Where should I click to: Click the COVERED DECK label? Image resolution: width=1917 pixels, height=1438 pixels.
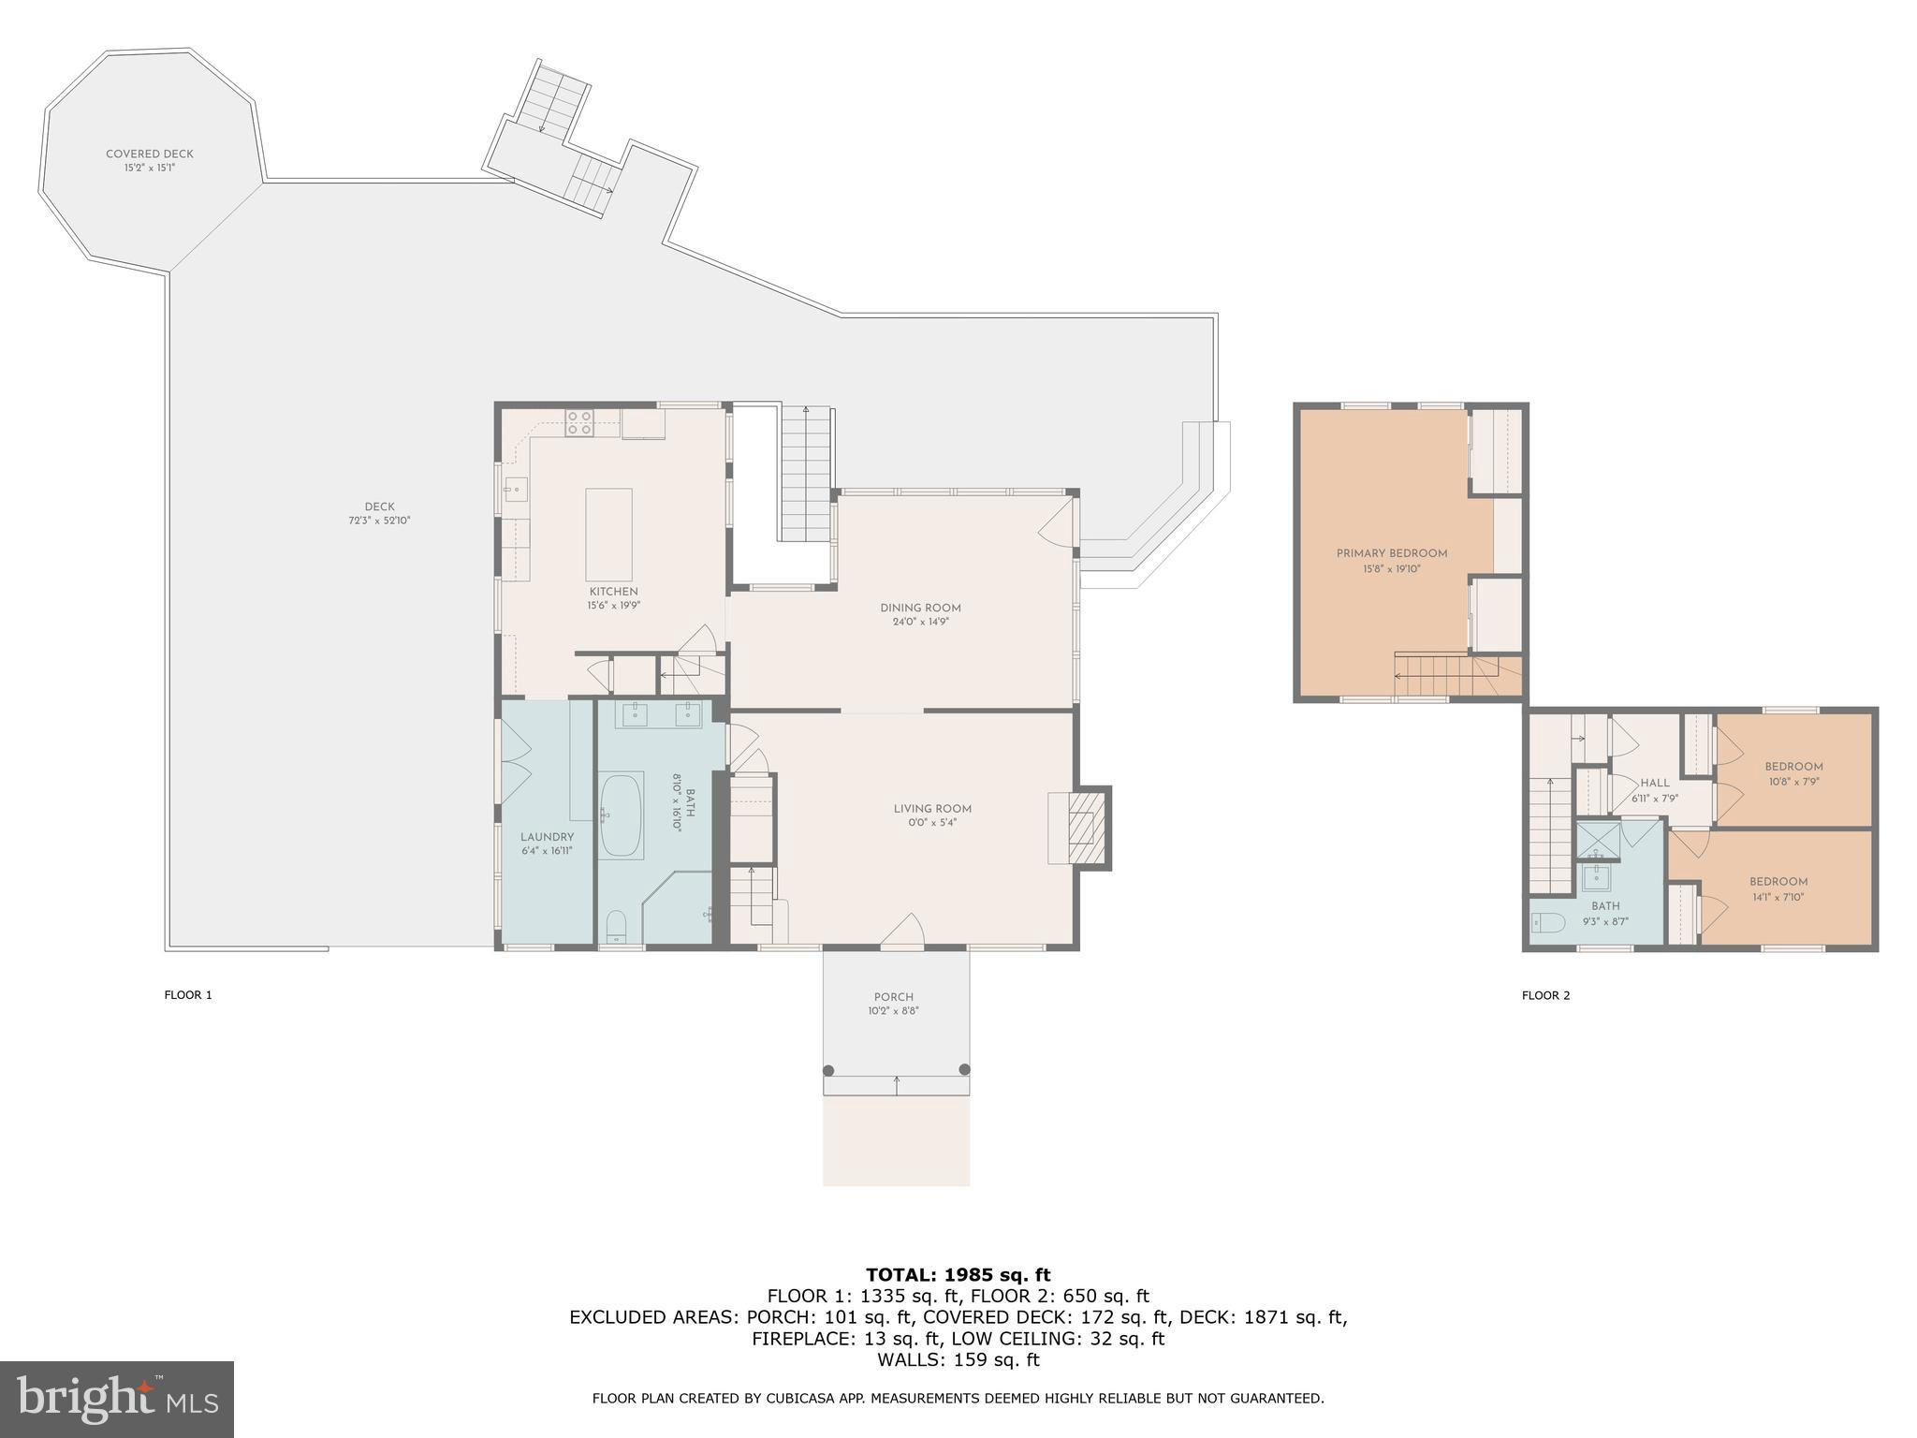pyautogui.click(x=150, y=154)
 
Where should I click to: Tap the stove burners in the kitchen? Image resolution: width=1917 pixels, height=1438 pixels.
pyautogui.click(x=579, y=423)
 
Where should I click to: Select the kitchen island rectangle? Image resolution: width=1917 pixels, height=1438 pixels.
pyautogui.click(x=608, y=535)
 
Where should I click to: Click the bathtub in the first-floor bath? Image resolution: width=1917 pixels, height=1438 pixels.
pyautogui.click(x=622, y=814)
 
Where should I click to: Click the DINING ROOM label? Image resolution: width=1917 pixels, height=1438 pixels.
pyautogui.click(x=920, y=608)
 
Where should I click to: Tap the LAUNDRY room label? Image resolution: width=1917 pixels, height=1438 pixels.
pyautogui.click(x=547, y=837)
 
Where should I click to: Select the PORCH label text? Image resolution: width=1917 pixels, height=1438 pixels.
pyautogui.click(x=894, y=997)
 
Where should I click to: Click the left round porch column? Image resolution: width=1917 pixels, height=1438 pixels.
pyautogui.click(x=828, y=1069)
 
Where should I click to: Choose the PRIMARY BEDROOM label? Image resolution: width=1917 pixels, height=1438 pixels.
pyautogui.click(x=1392, y=553)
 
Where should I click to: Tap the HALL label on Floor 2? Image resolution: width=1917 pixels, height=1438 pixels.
pyautogui.click(x=1654, y=783)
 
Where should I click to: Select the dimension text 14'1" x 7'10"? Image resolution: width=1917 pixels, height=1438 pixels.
pyautogui.click(x=1778, y=897)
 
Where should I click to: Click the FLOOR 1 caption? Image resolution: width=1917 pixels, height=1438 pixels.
pyautogui.click(x=188, y=995)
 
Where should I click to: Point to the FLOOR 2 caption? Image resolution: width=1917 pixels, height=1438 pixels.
pyautogui.click(x=1545, y=995)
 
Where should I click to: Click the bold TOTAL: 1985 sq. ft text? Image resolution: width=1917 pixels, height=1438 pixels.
pyautogui.click(x=958, y=1275)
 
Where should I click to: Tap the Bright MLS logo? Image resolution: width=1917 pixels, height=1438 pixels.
pyautogui.click(x=116, y=1399)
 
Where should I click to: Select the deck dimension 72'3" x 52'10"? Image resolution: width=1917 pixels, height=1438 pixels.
pyautogui.click(x=379, y=521)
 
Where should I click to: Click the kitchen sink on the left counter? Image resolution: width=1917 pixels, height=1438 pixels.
pyautogui.click(x=516, y=488)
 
